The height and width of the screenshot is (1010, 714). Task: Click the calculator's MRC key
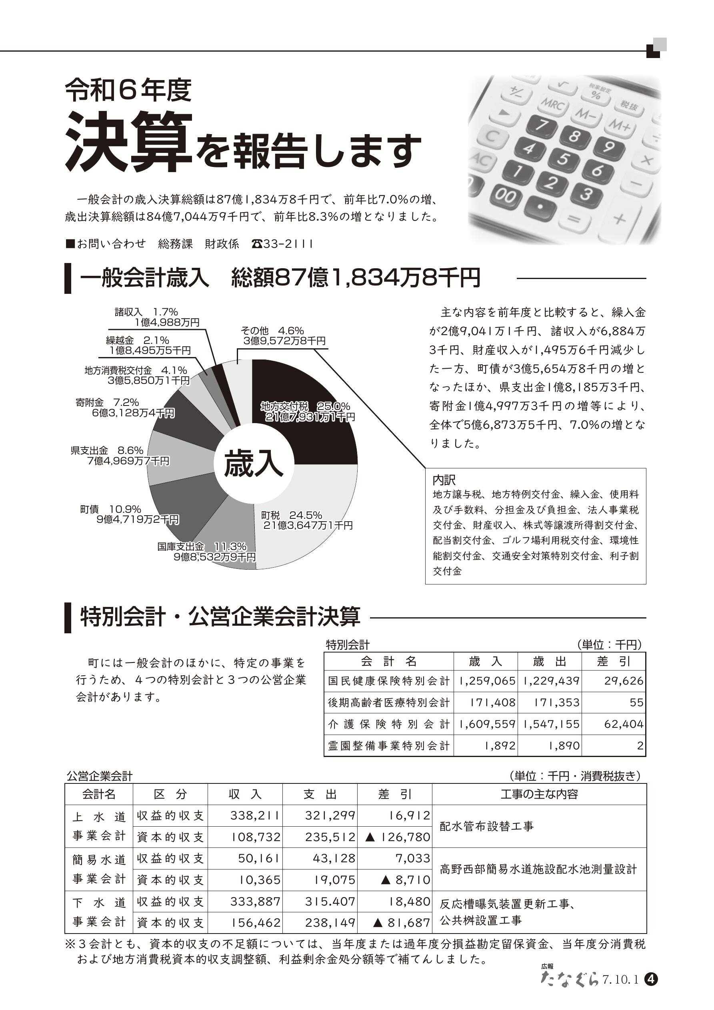(554, 106)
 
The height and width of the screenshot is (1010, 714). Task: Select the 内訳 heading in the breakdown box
(444, 480)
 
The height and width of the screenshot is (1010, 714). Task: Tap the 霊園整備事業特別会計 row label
(389, 746)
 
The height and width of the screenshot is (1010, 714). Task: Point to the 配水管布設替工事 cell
(487, 826)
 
